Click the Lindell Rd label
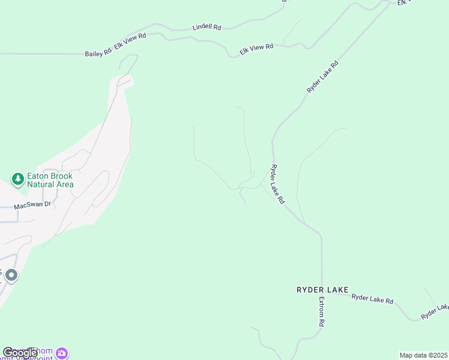[207, 28]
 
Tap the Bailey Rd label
[98, 53]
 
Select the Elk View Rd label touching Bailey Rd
[130, 44]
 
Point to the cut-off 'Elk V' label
[406, 3]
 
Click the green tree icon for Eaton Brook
[18, 179]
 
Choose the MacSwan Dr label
[34, 205]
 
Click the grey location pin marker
[11, 275]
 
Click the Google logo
[20, 353]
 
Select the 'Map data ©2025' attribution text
[424, 355]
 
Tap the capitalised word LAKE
[339, 290]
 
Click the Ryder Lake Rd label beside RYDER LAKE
[372, 298]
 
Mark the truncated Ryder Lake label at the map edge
[435, 311]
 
